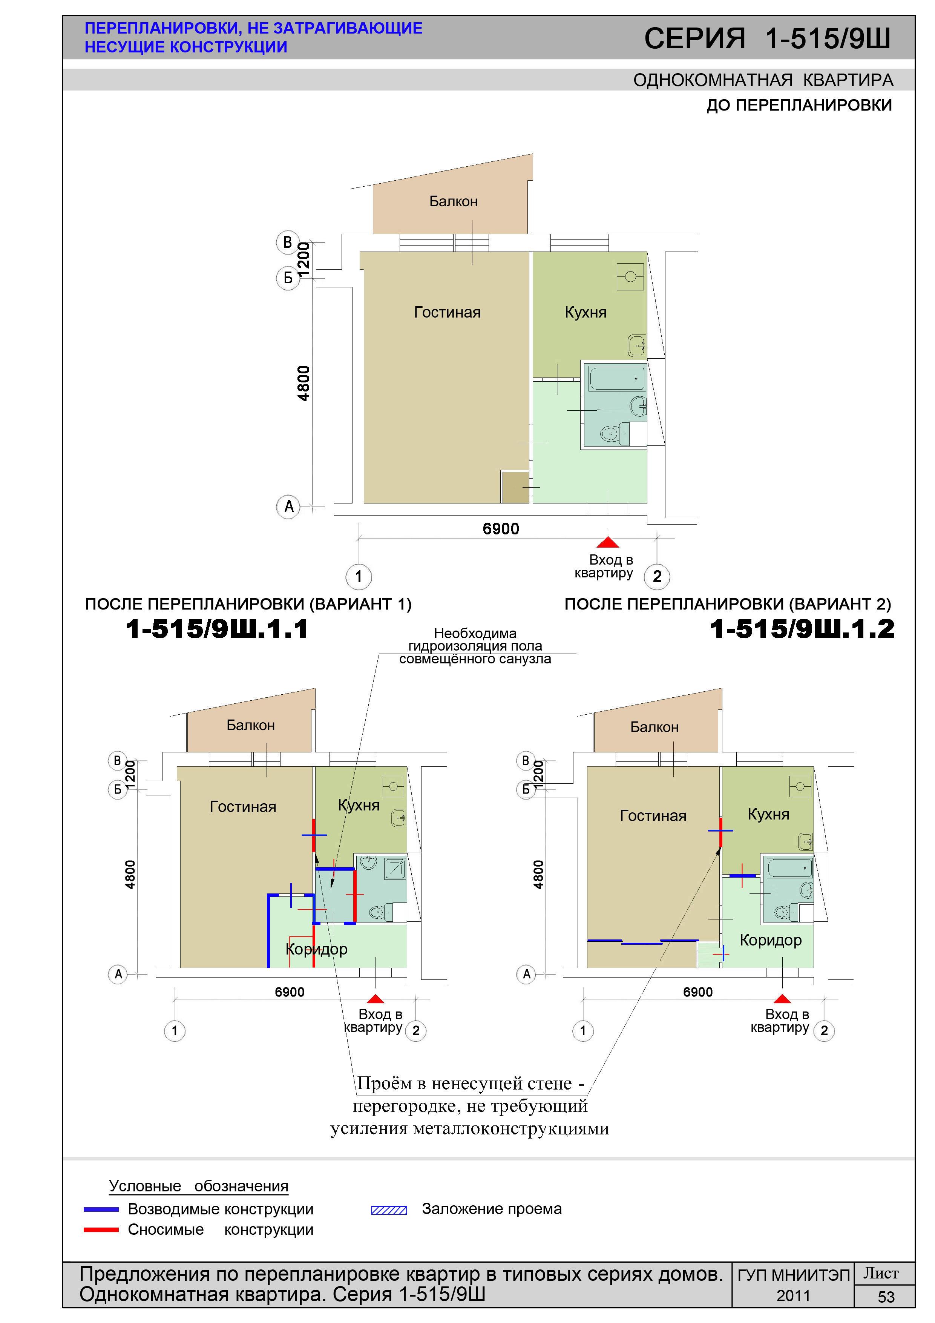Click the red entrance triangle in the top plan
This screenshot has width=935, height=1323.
(x=608, y=542)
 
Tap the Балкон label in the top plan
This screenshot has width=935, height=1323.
(x=454, y=201)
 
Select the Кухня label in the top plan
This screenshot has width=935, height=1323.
(x=585, y=312)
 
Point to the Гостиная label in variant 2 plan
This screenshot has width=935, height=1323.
(x=653, y=815)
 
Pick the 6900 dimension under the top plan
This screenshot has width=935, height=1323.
(x=501, y=528)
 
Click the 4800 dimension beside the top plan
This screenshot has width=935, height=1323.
(x=303, y=383)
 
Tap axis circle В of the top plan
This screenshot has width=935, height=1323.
(x=287, y=242)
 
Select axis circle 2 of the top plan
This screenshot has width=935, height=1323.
(x=657, y=576)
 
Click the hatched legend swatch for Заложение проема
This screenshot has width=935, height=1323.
(x=389, y=1211)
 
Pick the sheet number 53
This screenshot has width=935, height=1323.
(x=886, y=1297)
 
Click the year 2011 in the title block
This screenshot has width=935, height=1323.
(x=793, y=1296)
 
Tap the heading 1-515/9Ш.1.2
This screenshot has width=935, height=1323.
(x=802, y=629)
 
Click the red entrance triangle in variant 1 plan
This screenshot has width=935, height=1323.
(x=375, y=999)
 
